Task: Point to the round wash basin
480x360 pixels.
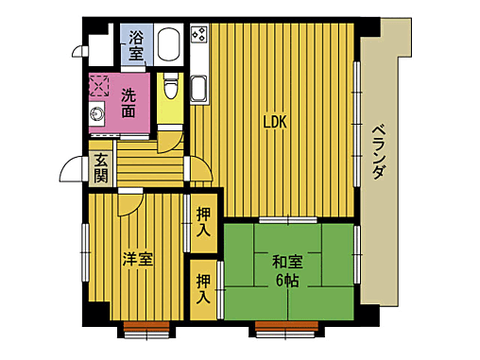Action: point(98,114)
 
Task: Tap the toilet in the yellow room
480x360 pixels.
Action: point(170,87)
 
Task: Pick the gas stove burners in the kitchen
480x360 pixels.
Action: point(199,35)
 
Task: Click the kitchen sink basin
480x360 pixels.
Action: point(199,90)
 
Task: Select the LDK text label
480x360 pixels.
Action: point(274,122)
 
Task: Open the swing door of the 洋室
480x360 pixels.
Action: point(130,202)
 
